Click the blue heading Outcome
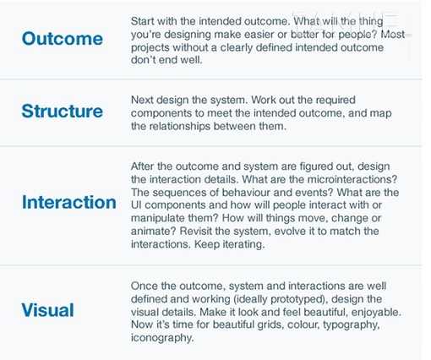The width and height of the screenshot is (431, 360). [63, 38]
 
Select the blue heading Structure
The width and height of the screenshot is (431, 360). [63, 111]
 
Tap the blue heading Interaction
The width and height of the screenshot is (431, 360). [69, 202]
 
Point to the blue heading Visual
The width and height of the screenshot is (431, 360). [47, 310]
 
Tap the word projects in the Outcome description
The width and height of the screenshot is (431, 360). [150, 48]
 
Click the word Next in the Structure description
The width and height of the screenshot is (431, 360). [142, 100]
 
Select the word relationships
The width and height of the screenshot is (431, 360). [179, 127]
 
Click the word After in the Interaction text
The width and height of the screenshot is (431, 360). [142, 166]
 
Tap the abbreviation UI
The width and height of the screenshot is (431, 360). [136, 205]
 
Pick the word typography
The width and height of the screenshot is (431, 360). [352, 325]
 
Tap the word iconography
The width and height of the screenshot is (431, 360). [162, 337]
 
